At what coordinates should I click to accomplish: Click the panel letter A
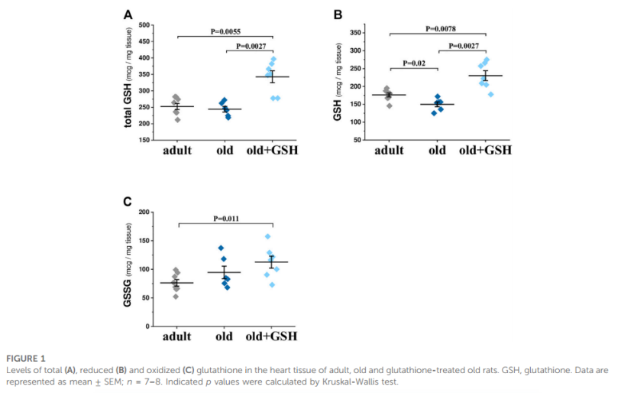[x=129, y=15]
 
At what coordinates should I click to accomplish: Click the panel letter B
[x=338, y=15]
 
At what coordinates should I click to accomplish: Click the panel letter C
[x=128, y=203]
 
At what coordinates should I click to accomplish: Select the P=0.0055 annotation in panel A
[x=227, y=31]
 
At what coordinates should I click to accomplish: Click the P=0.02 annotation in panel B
[x=413, y=63]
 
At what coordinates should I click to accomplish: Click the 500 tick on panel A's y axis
[x=144, y=25]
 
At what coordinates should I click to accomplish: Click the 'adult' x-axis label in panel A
[x=177, y=150]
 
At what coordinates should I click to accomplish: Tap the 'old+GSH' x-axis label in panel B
[x=485, y=150]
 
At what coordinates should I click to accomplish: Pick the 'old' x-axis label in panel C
[x=224, y=336]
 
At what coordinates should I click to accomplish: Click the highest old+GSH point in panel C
[x=268, y=236]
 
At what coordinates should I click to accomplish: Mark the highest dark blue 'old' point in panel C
[x=221, y=248]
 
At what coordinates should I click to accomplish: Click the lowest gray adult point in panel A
[x=178, y=119]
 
